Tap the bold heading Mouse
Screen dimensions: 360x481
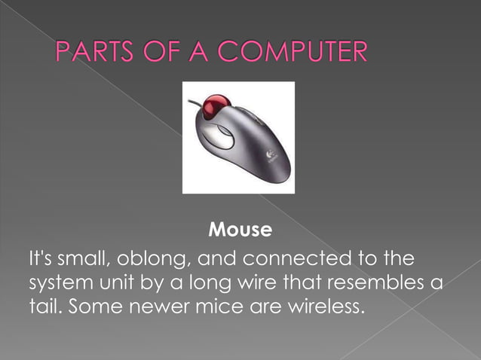pos(239,227)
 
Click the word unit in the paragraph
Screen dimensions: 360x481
pos(115,285)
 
